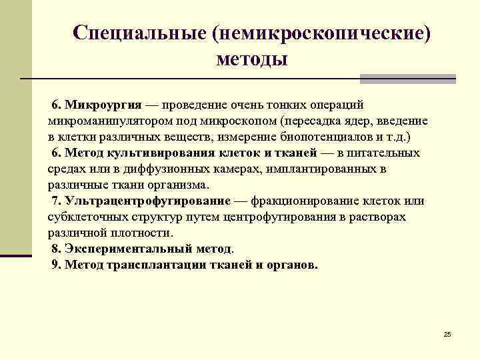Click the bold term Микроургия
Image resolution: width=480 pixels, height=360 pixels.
point(103,106)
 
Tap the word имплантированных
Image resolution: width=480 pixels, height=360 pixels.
point(319,169)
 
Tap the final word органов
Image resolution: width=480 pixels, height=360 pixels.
point(291,265)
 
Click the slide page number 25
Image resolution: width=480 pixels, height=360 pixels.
point(447,333)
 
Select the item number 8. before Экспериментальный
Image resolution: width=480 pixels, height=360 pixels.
point(57,249)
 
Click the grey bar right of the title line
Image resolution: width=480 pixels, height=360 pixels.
point(407,79)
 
